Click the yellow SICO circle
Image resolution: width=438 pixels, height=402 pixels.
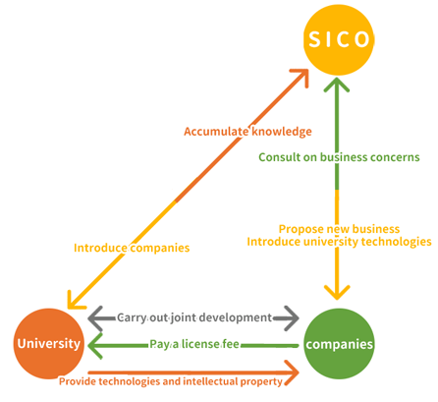point(339,39)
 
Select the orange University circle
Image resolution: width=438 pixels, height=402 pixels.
point(49,343)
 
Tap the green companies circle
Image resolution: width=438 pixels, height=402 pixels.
point(339,344)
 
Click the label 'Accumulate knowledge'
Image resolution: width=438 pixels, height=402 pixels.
point(247,132)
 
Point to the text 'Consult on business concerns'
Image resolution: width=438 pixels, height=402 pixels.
point(339,157)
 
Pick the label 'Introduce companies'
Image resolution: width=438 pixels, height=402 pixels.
point(132,248)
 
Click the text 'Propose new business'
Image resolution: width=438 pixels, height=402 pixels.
point(339,229)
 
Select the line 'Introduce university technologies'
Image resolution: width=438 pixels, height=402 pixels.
point(339,242)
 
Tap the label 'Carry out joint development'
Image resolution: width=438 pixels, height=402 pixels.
point(194,317)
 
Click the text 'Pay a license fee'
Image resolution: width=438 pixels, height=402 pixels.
point(194,344)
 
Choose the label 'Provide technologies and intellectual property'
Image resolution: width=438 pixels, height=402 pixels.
point(171,381)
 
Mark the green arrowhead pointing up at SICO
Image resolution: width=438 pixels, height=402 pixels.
point(337,85)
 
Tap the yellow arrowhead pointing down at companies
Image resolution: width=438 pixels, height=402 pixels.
point(337,293)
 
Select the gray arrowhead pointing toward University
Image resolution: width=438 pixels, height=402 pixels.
point(95,318)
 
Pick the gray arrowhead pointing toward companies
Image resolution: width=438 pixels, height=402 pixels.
point(292,318)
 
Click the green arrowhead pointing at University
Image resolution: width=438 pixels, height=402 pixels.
point(95,345)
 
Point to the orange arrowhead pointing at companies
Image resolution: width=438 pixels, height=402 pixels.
point(292,373)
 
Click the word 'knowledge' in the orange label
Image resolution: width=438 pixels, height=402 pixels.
point(282,132)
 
